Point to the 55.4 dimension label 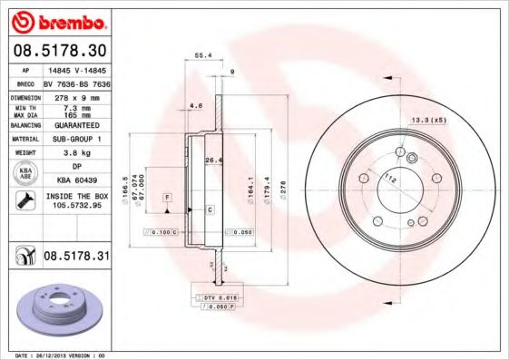[203, 55]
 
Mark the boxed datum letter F [167, 197]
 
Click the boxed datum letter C [210, 209]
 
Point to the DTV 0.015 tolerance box [220, 297]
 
